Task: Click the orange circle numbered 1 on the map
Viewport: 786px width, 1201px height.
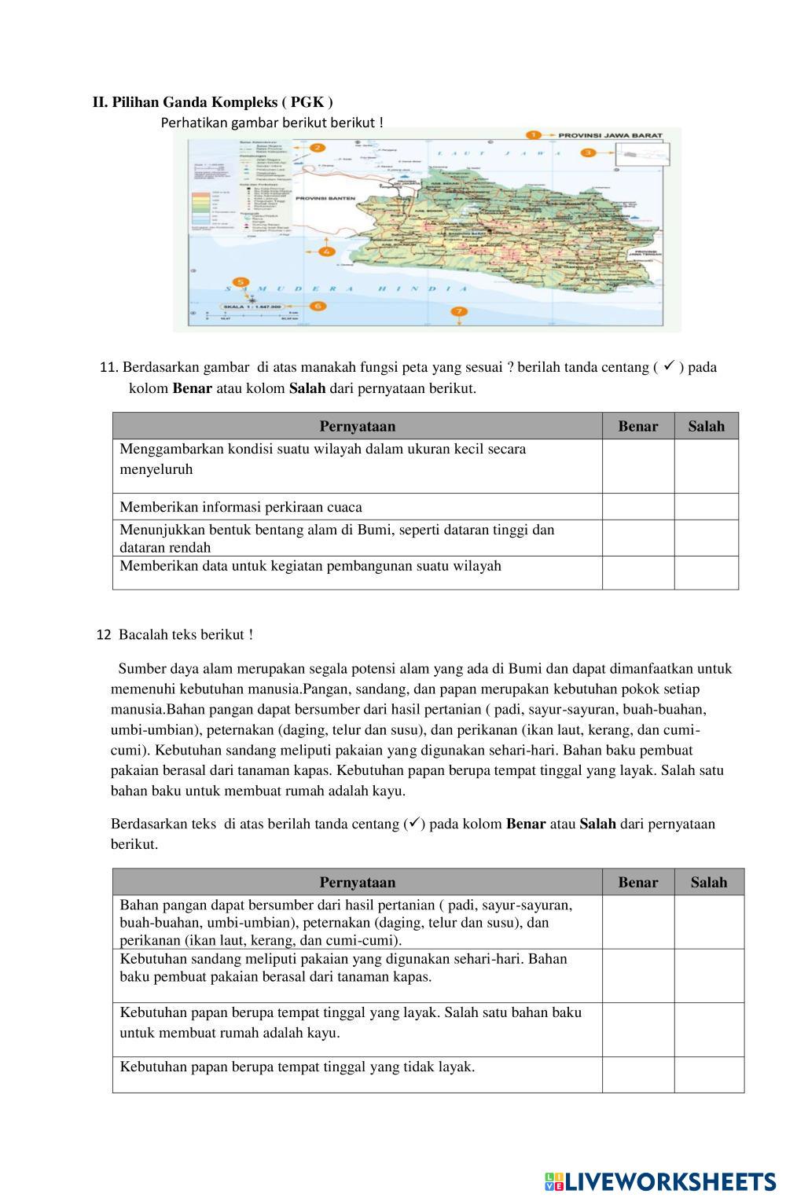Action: tap(534, 135)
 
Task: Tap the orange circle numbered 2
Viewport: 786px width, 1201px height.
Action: tap(317, 147)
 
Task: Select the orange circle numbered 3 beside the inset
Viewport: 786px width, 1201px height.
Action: tap(587, 152)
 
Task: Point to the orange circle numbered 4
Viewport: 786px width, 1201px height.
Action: tap(327, 252)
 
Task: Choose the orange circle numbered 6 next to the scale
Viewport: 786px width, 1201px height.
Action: tap(317, 305)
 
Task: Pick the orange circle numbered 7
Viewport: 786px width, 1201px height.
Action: tap(459, 312)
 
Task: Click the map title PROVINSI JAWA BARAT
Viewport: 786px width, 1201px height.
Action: tap(609, 135)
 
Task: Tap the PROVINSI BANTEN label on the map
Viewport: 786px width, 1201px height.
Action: tap(324, 199)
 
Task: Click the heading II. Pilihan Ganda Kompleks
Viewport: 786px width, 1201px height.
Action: tap(212, 102)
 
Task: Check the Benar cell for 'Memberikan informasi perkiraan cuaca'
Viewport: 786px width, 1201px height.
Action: tap(638, 507)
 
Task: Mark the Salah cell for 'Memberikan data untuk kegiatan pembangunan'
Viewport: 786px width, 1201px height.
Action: tap(706, 573)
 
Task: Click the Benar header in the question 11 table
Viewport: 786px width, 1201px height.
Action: tap(638, 426)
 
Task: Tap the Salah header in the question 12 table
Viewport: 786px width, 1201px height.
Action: tap(709, 882)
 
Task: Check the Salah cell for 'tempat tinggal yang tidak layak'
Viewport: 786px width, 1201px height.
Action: tap(709, 1074)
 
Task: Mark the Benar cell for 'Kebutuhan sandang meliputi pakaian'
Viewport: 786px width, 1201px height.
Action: tap(638, 975)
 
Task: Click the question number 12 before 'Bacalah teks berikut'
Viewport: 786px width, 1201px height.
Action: tap(104, 635)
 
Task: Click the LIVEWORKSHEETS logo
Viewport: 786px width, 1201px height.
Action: tap(660, 1181)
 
